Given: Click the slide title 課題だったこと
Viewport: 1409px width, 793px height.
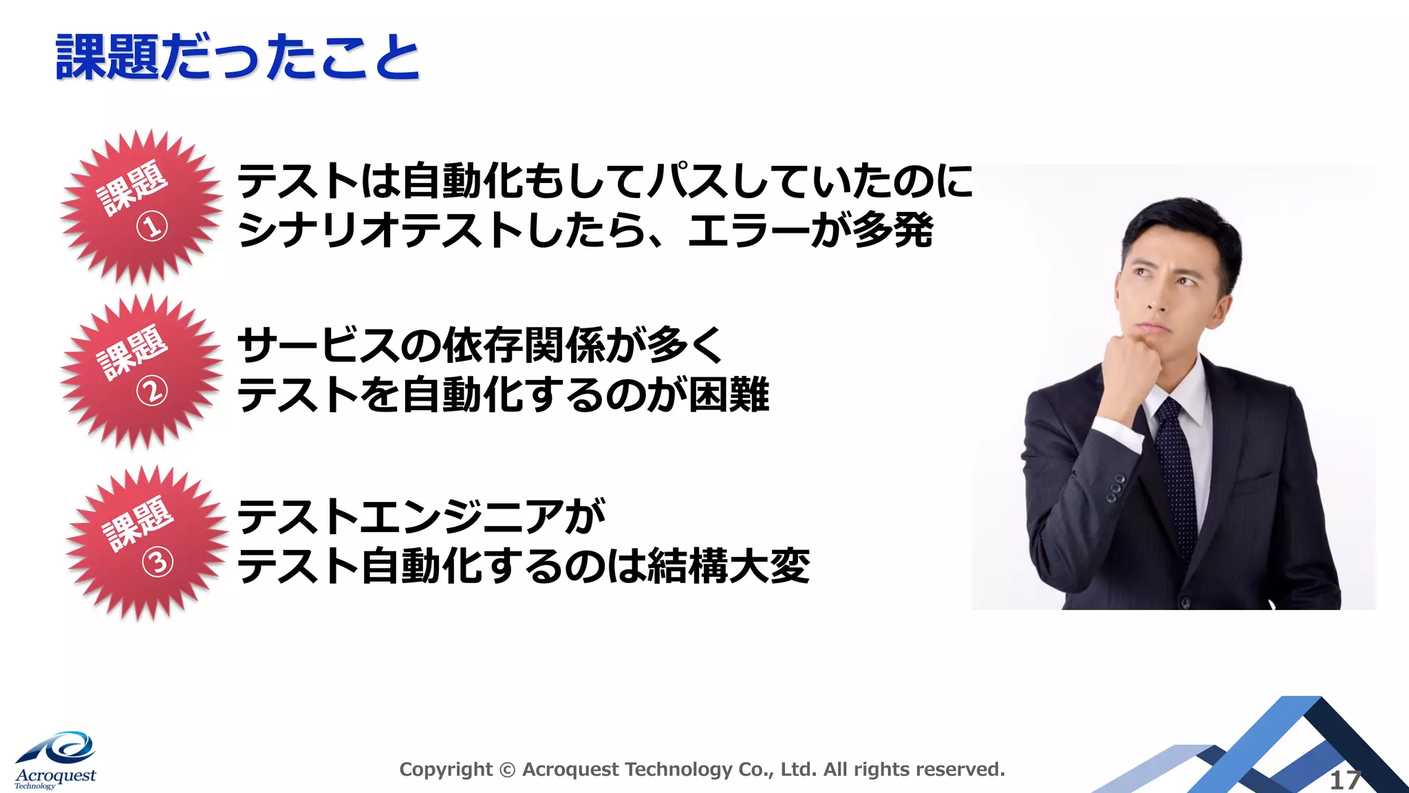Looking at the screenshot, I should click(x=237, y=58).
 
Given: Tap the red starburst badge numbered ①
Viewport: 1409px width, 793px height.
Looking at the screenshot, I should click(x=141, y=207).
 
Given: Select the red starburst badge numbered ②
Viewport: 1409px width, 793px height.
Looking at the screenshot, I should click(x=141, y=372).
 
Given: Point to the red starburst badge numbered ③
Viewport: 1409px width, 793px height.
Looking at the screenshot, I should click(x=147, y=543).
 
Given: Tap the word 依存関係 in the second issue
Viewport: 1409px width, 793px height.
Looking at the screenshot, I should click(x=523, y=346).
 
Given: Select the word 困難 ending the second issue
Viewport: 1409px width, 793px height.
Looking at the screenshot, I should click(x=729, y=395).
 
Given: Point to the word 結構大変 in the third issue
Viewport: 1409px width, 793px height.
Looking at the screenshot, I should click(x=729, y=567).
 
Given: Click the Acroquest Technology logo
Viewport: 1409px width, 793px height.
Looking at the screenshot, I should click(x=55, y=760).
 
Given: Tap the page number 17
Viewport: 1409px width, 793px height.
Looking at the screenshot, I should click(x=1344, y=781).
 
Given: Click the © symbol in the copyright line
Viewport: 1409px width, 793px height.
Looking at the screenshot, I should click(x=507, y=770).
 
